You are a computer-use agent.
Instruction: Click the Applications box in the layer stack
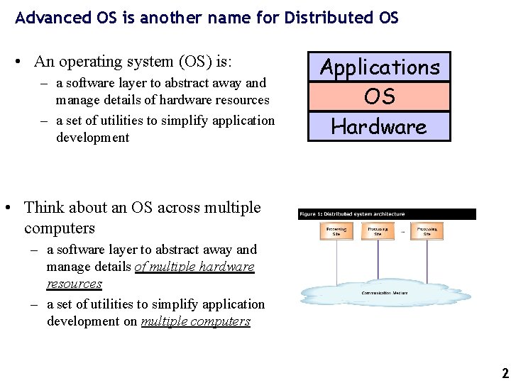tap(380, 67)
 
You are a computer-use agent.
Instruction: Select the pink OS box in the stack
tap(380, 96)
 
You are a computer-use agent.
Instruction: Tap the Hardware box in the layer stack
tap(380, 127)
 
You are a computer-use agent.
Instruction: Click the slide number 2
tap(505, 373)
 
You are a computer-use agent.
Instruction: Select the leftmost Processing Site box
tap(336, 231)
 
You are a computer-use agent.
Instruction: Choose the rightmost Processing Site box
tap(427, 231)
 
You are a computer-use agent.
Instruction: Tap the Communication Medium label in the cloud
tap(385, 292)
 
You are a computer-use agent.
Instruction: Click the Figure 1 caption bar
tap(387, 214)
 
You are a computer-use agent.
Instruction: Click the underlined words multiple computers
tap(196, 321)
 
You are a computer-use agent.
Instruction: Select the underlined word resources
tap(75, 284)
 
